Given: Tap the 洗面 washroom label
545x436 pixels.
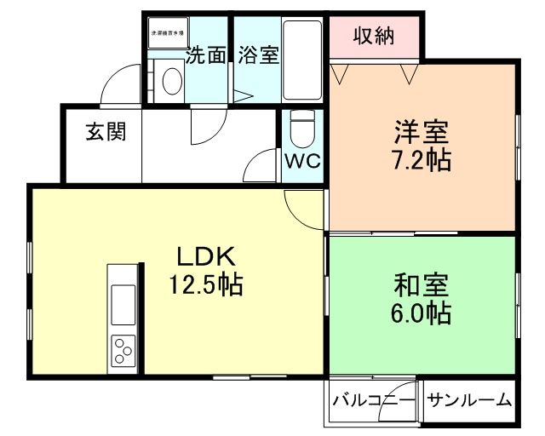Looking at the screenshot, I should [x=206, y=55].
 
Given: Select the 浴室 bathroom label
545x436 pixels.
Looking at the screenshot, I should [x=258, y=55].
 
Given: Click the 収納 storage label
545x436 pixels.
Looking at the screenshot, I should [x=374, y=37].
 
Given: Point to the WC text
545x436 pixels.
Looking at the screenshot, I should [x=301, y=161].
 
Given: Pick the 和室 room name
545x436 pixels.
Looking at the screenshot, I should [x=422, y=284].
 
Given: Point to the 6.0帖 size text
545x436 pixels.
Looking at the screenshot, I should [x=422, y=312].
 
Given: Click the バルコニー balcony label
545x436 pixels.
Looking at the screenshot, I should [x=373, y=399].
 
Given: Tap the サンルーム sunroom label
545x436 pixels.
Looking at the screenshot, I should [x=469, y=399].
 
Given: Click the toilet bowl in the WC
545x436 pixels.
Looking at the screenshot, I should [x=301, y=129].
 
